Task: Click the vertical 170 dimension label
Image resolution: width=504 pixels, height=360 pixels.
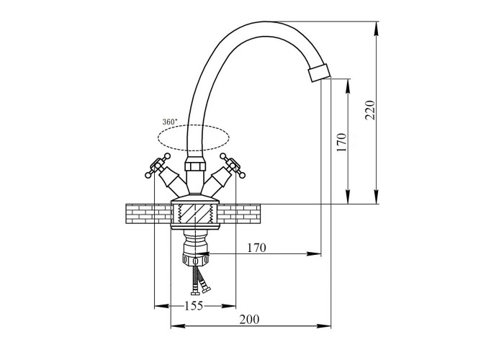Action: pos(342,143)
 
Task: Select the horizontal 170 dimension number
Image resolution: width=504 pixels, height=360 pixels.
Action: pos(257,248)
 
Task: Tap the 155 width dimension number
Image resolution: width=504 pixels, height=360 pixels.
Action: pos(194,305)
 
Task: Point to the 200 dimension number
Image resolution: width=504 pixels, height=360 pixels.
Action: pos(249,320)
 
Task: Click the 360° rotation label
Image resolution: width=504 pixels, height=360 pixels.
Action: pos(170,122)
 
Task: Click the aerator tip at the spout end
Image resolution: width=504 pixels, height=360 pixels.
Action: pos(319,73)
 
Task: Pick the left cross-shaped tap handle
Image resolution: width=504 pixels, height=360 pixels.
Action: pos(158,165)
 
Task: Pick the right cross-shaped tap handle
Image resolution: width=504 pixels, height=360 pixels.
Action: pos(233,165)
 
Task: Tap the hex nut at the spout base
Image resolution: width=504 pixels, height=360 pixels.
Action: pos(195,167)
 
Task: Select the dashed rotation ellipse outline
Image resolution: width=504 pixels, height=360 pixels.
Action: pos(194,125)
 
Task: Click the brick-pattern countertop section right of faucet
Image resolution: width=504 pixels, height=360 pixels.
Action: pos(239,213)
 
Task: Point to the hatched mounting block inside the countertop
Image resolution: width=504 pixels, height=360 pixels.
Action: pos(195,213)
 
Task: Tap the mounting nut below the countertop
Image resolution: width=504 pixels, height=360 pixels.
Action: pos(195,258)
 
